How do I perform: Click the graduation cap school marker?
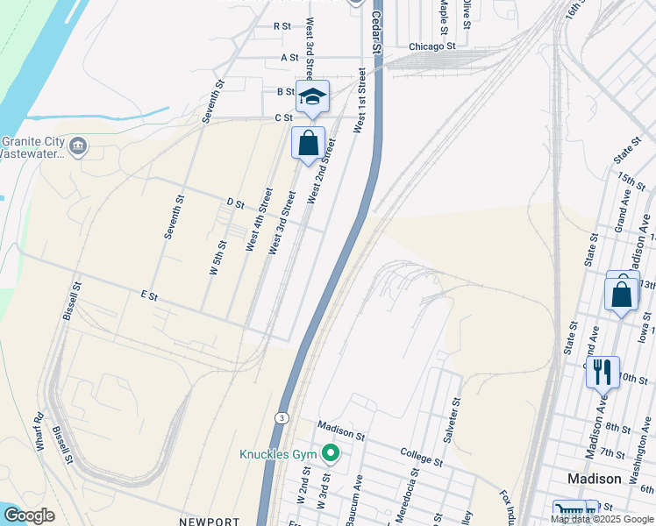312,96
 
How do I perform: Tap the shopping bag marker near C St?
308,144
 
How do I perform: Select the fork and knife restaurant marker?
603,372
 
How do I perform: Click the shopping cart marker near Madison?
568,514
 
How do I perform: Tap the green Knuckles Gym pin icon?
330,453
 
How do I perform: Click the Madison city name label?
594,479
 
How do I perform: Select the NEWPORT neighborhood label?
209,522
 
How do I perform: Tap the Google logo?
28,515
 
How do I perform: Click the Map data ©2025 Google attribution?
603,519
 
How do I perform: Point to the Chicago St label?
432,46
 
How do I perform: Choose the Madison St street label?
340,430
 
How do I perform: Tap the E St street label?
148,296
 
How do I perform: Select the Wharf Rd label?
39,432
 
